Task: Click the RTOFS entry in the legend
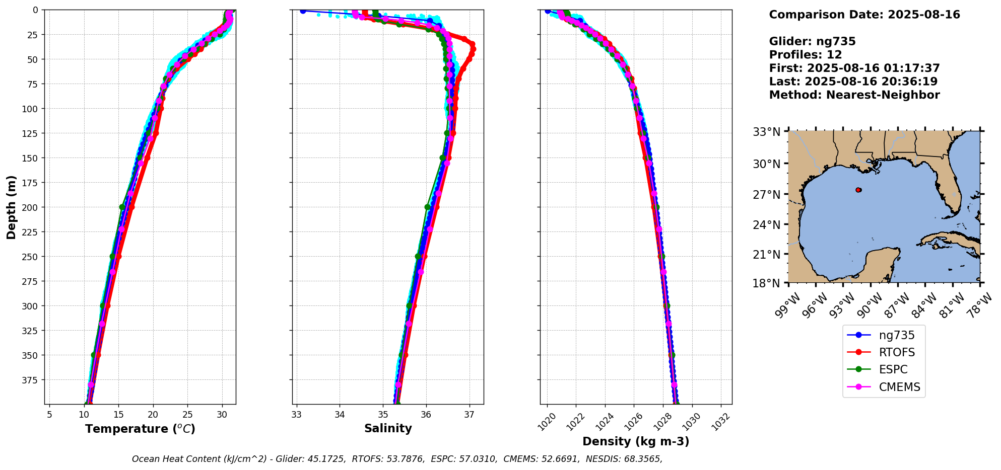tap(896, 352)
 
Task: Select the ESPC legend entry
tap(893, 369)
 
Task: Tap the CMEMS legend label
tap(899, 387)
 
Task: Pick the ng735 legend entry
tap(897, 335)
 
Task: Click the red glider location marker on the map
tap(858, 190)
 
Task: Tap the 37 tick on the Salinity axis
tap(470, 415)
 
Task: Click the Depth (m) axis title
tap(12, 207)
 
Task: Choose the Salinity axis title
tap(388, 429)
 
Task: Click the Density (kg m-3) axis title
tap(636, 442)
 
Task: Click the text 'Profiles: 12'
tap(806, 55)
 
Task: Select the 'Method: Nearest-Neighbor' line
tap(854, 95)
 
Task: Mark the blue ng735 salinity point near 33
tap(303, 11)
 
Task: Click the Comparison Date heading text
tap(864, 15)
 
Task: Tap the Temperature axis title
tap(140, 429)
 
